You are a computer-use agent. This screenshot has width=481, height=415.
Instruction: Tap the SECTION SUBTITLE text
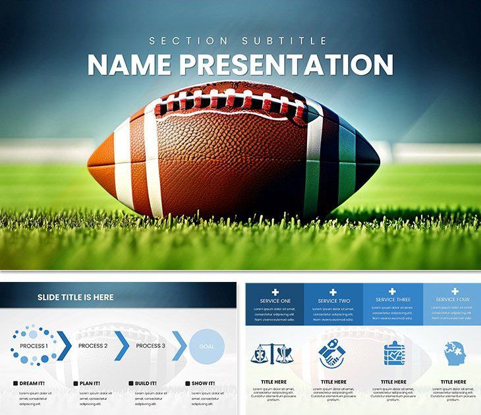(238, 41)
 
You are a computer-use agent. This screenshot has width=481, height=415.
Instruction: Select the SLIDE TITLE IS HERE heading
(75, 297)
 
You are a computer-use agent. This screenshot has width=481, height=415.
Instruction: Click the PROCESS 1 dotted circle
(33, 346)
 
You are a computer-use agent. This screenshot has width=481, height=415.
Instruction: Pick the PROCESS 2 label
(93, 346)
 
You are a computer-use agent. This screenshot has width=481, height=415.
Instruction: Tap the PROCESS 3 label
(151, 346)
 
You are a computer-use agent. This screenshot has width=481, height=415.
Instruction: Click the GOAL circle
(207, 346)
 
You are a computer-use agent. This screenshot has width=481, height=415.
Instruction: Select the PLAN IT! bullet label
(90, 383)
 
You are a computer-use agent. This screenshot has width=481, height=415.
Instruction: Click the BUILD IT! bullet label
(146, 383)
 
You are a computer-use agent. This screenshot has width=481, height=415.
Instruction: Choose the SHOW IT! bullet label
(203, 383)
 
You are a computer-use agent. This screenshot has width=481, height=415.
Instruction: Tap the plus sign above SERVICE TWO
(333, 292)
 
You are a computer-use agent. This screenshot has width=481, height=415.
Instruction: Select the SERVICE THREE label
(393, 300)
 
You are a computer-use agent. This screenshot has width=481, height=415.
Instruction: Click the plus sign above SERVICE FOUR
(455, 291)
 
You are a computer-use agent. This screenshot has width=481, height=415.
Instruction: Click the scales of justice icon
(274, 354)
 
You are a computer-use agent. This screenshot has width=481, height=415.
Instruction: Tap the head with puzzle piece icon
(453, 354)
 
